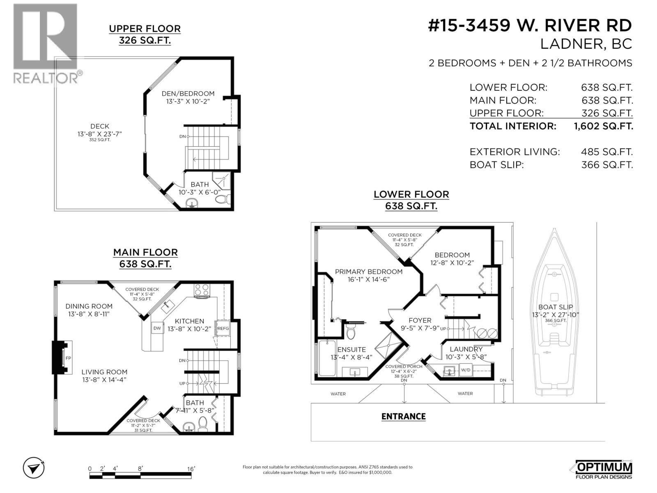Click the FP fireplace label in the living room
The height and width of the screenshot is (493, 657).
(68, 358)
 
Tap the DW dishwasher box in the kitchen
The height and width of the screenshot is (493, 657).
(157, 328)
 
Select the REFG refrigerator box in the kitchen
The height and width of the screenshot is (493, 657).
(223, 328)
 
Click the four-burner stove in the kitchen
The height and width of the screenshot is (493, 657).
(202, 290)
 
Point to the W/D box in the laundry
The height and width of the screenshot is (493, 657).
(466, 370)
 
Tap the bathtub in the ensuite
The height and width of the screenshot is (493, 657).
(327, 358)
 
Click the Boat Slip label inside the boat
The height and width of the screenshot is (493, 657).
(555, 307)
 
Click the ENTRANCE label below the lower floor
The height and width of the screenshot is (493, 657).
(403, 416)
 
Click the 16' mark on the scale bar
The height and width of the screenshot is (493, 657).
(191, 468)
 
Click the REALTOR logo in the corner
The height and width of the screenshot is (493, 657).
(45, 43)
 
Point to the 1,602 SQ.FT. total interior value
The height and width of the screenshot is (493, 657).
(603, 126)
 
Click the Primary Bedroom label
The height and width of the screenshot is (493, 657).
(368, 272)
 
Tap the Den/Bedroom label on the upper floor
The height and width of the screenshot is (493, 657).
(188, 94)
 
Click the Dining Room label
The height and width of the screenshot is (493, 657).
(89, 306)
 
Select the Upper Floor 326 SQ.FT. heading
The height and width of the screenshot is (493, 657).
(145, 35)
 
